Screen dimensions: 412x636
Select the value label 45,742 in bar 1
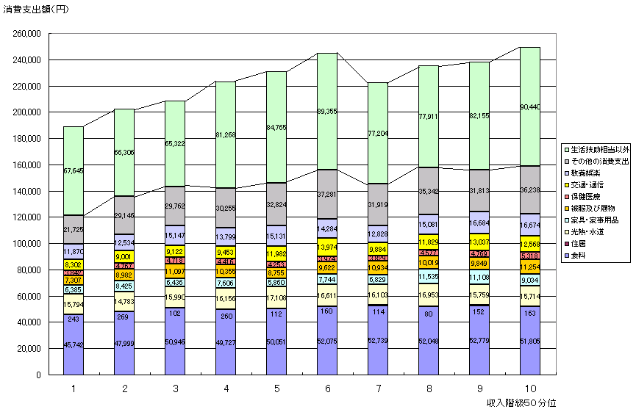74,345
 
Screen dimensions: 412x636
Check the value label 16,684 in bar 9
480,223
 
